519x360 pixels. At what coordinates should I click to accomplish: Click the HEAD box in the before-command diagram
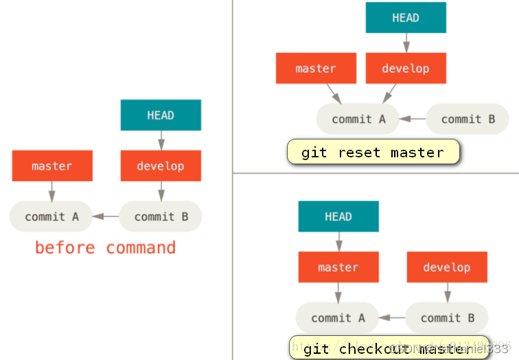161,115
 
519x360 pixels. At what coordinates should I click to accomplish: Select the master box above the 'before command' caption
52,166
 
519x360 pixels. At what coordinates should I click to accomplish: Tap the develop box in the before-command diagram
161,166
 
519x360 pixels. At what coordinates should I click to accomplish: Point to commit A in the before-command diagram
52,216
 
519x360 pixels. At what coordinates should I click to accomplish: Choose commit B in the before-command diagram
161,216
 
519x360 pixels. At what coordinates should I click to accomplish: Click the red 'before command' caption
105,247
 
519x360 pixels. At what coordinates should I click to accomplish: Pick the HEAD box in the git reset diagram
406,18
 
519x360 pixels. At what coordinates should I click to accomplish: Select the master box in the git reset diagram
316,68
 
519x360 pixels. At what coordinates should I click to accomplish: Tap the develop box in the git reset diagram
406,68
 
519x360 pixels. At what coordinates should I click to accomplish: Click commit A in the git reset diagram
358,119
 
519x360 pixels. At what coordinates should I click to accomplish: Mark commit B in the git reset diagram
468,119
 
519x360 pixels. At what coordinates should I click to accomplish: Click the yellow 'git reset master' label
373,152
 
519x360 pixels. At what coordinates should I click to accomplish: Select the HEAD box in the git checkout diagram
338,216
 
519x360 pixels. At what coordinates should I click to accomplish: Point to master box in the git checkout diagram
338,267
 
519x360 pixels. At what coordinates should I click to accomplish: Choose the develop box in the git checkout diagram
447,267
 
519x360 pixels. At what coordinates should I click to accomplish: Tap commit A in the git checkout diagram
338,317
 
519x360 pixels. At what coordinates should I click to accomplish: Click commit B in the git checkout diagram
447,317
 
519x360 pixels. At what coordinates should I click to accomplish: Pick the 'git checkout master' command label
389,348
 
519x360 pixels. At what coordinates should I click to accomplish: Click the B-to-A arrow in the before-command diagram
106,216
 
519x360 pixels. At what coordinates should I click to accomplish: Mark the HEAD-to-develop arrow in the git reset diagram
406,43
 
